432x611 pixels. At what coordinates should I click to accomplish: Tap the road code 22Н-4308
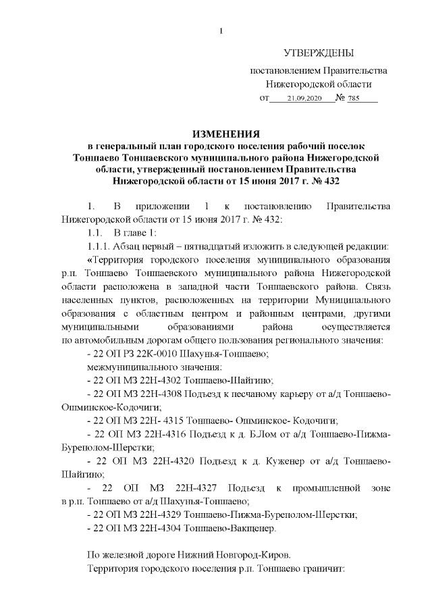[x=160, y=394]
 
